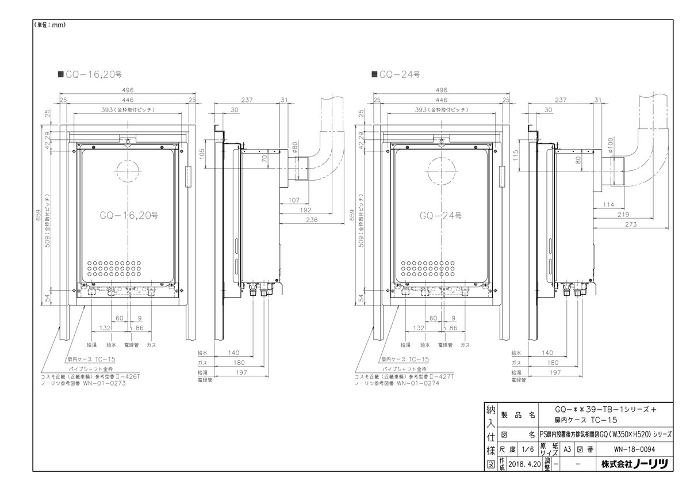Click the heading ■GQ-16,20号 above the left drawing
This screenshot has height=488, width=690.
coord(89,74)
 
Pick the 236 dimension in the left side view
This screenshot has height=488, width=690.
coord(312,220)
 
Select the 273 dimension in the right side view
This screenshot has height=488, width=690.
coord(630,224)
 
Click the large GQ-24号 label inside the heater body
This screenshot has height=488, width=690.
coord(440,216)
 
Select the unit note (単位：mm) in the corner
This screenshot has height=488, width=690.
coord(49,25)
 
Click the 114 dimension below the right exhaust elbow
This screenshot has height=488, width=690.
coord(610,204)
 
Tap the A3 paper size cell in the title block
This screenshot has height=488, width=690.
coord(566,451)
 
